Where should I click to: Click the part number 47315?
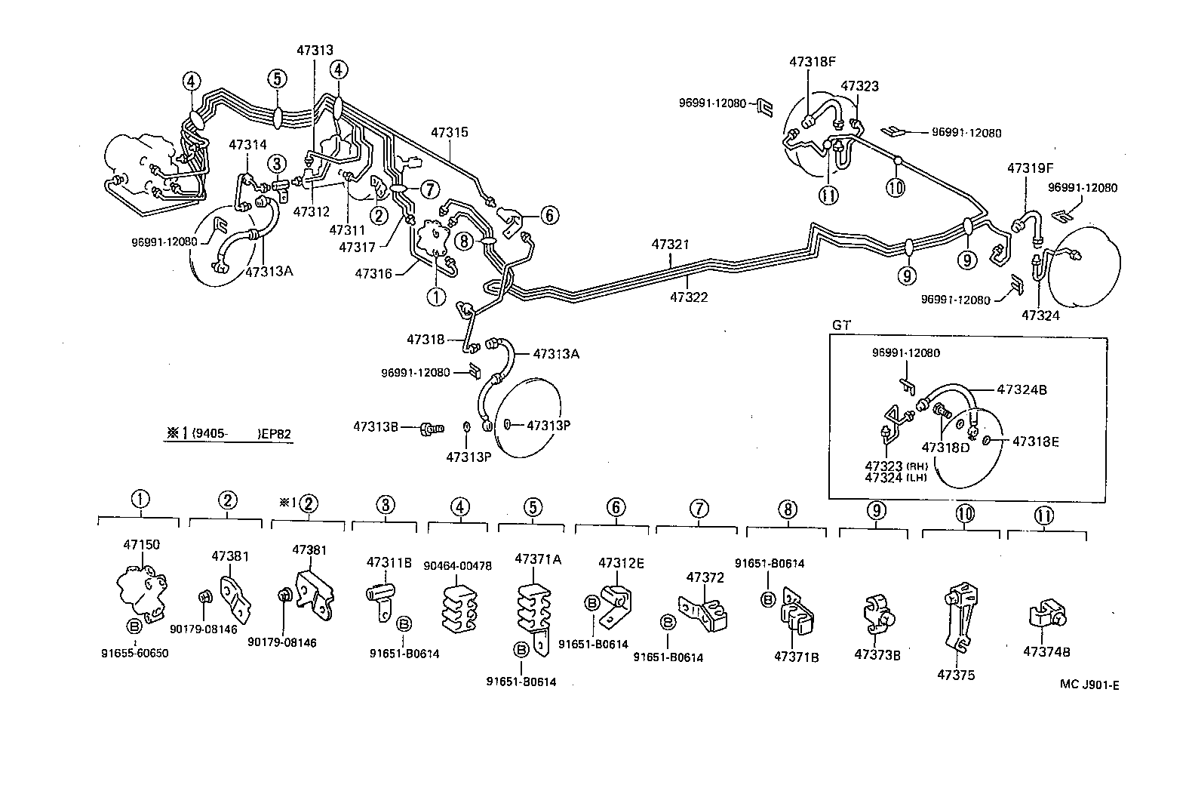coord(450,132)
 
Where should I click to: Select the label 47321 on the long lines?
coord(670,245)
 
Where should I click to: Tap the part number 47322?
coord(689,297)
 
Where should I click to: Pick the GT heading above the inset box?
coord(840,325)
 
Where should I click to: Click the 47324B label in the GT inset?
coord(1022,390)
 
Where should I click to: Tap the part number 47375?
coord(956,675)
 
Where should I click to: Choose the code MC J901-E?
coord(1089,685)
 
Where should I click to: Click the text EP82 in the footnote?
coord(273,433)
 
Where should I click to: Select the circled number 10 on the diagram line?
coord(896,188)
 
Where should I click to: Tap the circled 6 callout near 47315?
coord(549,215)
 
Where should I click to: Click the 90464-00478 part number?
coord(457,565)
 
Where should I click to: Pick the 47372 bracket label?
coord(705,577)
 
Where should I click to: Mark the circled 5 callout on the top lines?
coord(277,78)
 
